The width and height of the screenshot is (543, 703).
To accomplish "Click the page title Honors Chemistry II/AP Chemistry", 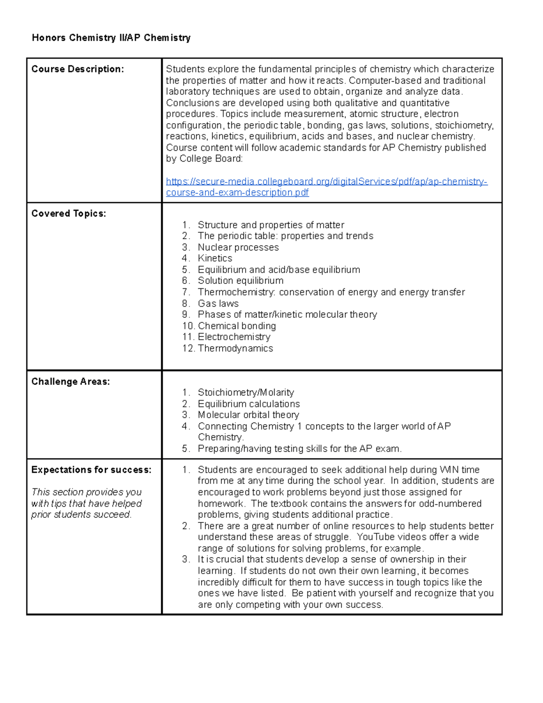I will point(111,38).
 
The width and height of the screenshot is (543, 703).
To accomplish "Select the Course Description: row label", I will point(77,69).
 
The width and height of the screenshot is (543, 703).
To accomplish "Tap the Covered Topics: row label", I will point(69,214).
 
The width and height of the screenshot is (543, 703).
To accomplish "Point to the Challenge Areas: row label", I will point(71,382).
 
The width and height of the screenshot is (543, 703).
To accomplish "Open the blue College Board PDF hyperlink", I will point(326,182).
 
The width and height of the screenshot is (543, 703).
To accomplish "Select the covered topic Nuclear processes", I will point(238,248).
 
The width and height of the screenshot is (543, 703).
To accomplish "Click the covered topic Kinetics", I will point(215,258).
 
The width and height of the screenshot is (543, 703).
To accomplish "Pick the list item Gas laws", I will point(218,304).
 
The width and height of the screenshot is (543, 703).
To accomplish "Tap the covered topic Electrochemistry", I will point(234,337).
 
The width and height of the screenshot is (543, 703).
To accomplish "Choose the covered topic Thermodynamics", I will point(235,349).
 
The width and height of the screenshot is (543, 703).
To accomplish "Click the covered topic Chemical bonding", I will point(237,326).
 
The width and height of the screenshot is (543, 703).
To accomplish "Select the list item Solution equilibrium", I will point(240,281).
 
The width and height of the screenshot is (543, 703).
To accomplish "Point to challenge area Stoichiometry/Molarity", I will point(246,392).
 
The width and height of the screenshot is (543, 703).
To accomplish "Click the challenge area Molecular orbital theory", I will point(248,415).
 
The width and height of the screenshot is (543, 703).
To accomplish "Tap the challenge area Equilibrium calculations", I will point(249,404).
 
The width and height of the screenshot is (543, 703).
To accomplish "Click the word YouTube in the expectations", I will point(374,537).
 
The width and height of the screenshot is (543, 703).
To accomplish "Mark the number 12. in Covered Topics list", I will point(188,349).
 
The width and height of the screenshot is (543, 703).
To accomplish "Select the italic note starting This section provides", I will point(86,503).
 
